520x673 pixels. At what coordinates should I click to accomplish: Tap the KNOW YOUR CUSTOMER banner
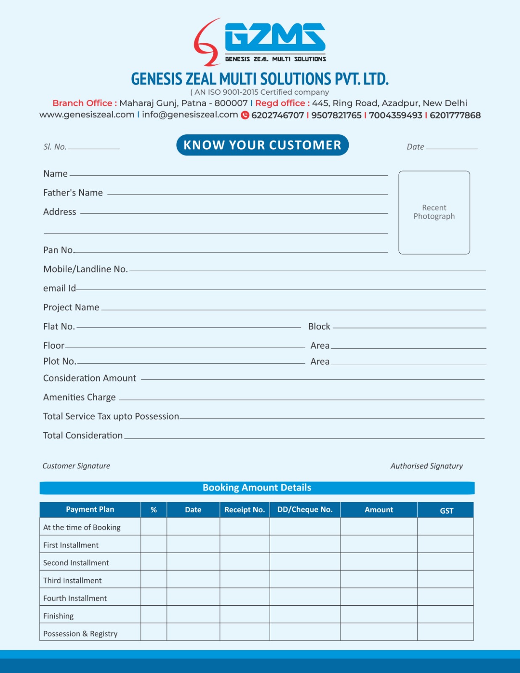pos(263,145)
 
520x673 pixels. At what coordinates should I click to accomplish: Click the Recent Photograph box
pos(434,212)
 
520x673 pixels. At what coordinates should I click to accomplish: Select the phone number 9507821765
pos(336,115)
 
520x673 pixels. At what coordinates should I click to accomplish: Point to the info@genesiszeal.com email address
pos(190,115)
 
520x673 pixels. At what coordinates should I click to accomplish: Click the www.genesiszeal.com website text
pos(87,115)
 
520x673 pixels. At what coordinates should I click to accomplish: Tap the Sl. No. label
pos(55,147)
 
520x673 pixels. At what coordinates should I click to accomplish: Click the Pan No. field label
pos(58,250)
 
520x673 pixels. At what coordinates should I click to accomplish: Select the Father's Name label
pos(73,193)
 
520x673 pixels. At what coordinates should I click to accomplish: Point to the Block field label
pos(319,326)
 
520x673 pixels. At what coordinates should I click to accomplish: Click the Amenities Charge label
pos(80,397)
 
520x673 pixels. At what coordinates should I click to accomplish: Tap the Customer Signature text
pos(76,466)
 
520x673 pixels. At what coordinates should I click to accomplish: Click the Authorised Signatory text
pos(427,466)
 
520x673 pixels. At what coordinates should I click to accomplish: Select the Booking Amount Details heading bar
pos(257,488)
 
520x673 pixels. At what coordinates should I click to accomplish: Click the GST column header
pos(446,511)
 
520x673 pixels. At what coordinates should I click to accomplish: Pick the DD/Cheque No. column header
pos(305,510)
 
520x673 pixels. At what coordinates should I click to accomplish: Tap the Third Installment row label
pos(72,580)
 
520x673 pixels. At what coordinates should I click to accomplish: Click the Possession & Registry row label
pos(80,634)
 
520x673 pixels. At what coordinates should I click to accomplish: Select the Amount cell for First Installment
pos(379,544)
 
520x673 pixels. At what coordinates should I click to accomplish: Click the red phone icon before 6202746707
pos(245,115)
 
